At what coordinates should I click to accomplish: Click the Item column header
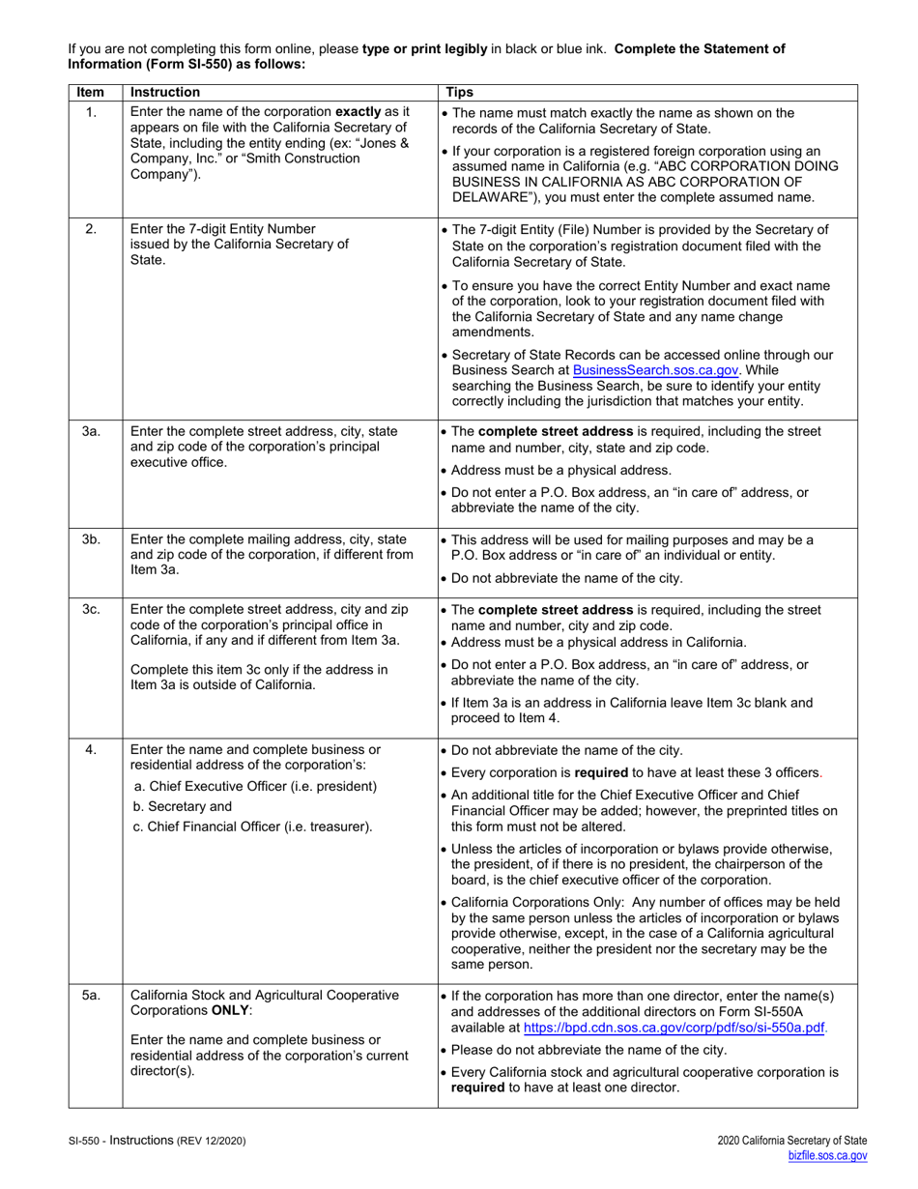pos(90,92)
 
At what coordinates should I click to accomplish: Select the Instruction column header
pos(165,92)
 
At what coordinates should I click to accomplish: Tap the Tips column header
pos(460,92)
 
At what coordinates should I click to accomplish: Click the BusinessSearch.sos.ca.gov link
pos(643,368)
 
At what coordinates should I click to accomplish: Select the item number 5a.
pos(90,995)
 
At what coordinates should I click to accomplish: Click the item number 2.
pos(90,229)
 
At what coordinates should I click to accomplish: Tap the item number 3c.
pos(90,610)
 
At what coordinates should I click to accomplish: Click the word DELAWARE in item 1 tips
pos(490,197)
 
